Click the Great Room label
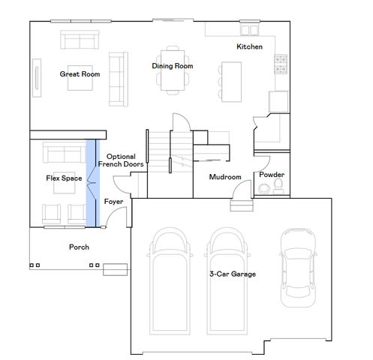click(80, 73)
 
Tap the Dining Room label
click(173, 66)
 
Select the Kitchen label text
click(249, 46)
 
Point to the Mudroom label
click(224, 177)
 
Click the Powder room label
click(271, 174)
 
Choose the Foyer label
click(113, 202)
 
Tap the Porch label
click(79, 247)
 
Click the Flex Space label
click(64, 178)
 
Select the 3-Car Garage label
click(232, 274)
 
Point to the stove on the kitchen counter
click(281, 65)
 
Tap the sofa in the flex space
click(63, 154)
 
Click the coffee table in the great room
click(80, 81)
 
